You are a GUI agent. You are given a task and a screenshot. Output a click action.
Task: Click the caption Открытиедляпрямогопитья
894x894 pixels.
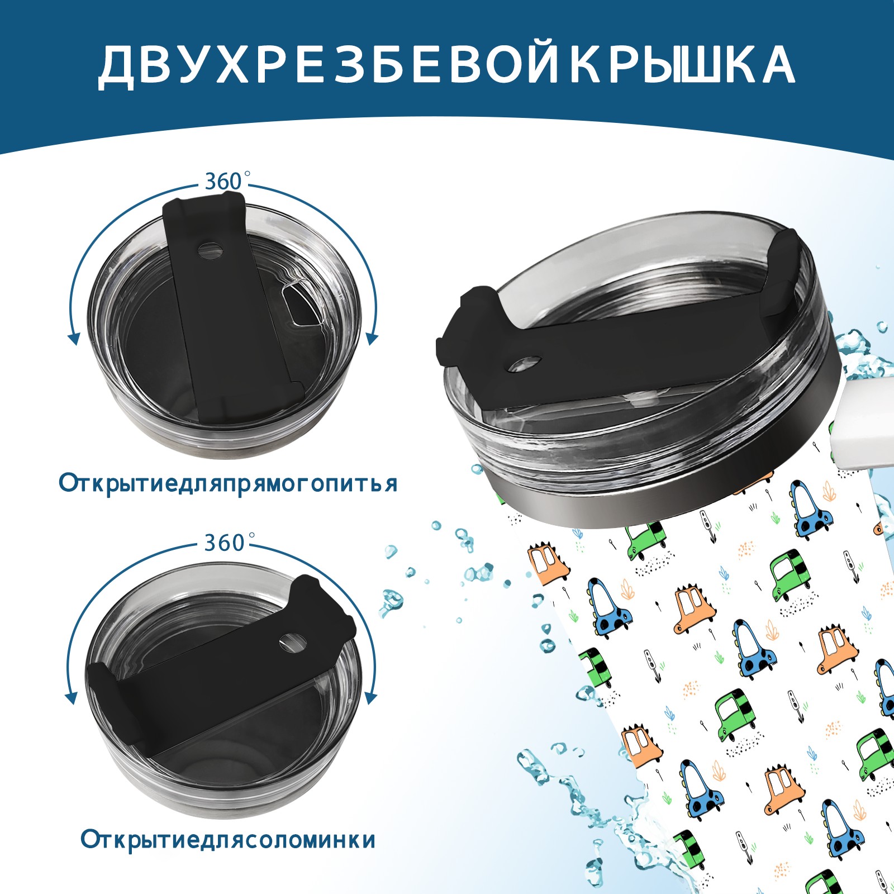[228, 483]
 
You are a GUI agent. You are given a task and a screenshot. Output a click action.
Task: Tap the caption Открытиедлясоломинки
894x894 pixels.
[228, 839]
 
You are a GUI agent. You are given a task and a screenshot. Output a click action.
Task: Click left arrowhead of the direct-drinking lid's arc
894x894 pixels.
[73, 338]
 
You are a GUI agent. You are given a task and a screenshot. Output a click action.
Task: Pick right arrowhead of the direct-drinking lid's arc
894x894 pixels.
[372, 338]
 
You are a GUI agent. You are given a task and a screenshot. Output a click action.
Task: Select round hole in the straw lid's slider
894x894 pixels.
[293, 643]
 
